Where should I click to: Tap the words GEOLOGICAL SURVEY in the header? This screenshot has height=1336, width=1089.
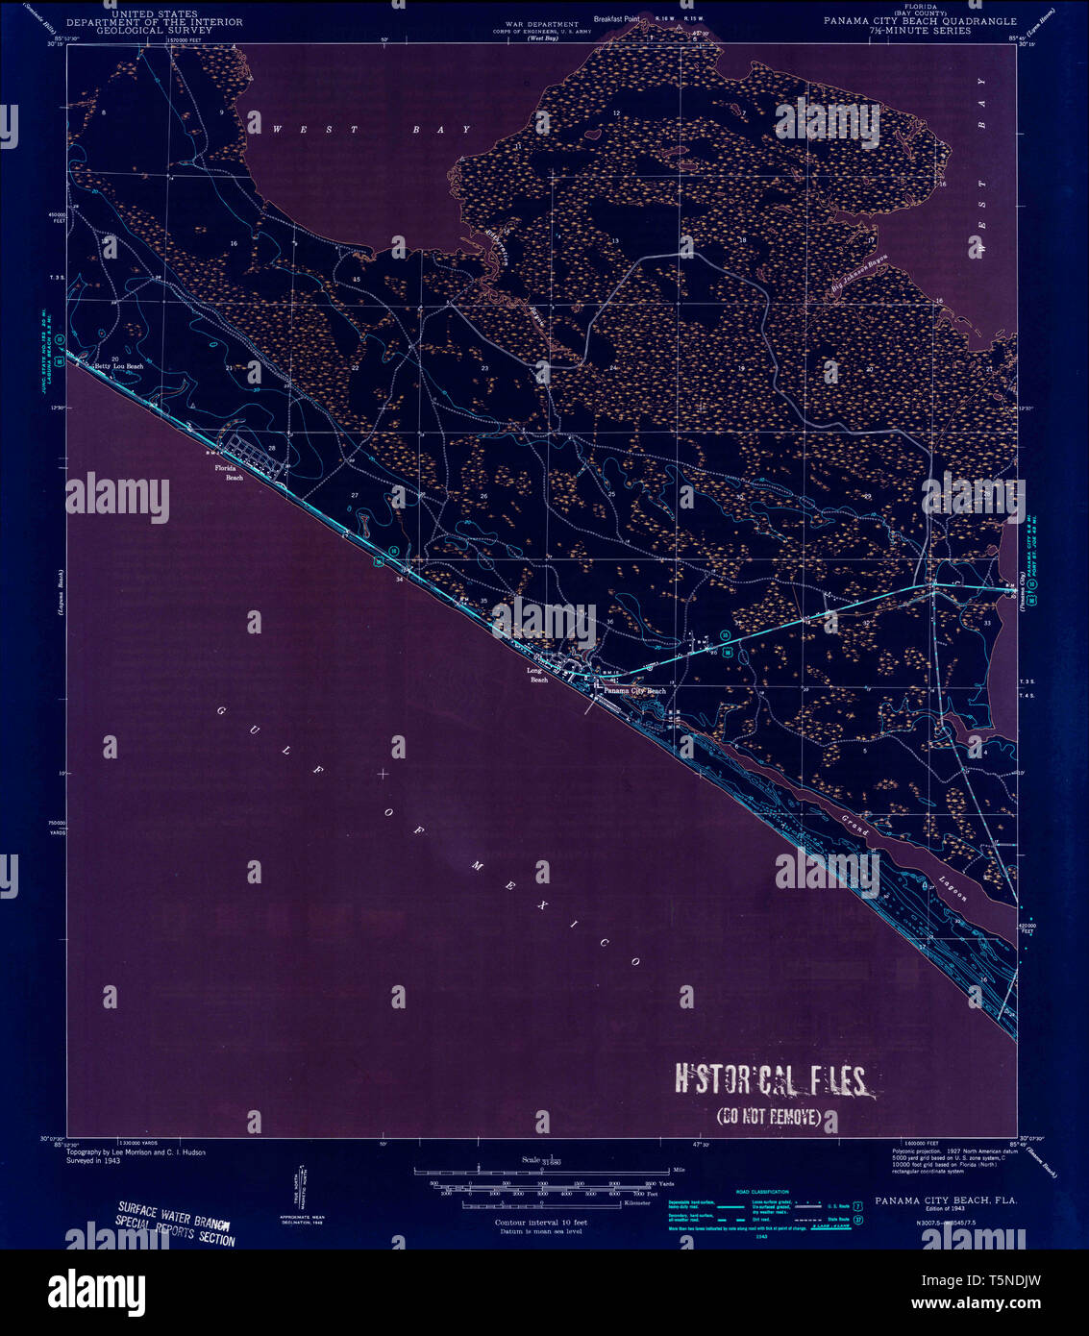coord(154,30)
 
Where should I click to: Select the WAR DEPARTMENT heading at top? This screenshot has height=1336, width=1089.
coord(543,24)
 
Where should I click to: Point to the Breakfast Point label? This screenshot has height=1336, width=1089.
coord(616,18)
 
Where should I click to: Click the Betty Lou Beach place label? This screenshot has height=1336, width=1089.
coord(118,366)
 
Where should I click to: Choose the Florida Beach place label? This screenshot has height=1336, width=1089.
coord(229,472)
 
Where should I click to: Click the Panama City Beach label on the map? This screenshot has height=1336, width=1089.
coord(634,691)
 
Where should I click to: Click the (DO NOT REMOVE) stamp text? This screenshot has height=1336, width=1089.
coord(769,1117)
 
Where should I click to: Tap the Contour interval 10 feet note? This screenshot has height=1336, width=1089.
coord(540,1222)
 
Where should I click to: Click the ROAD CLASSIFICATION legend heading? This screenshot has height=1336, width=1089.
coord(761,1192)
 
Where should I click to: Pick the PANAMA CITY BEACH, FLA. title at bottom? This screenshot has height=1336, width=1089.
coord(946,1201)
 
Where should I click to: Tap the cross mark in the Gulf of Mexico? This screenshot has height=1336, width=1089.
coord(384,773)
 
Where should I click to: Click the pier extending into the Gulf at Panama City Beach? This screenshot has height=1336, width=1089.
coord(588,705)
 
